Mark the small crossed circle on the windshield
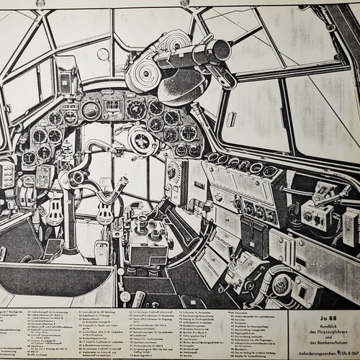click(104, 54)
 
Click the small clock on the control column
click(77, 177)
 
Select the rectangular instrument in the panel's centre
click(114, 109)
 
